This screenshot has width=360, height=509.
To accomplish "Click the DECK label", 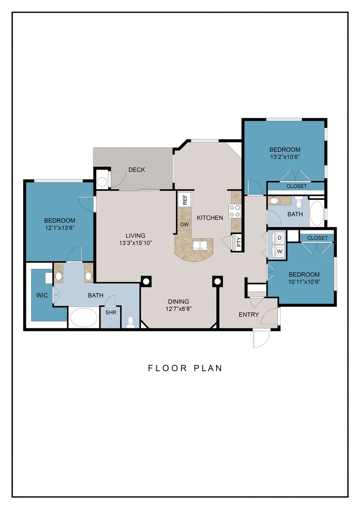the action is click(x=137, y=170).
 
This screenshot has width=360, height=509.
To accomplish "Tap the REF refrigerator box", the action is click(x=185, y=200).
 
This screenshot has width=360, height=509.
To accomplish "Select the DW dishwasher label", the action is click(x=185, y=224).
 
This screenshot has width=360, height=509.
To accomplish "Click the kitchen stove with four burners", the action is click(x=235, y=211).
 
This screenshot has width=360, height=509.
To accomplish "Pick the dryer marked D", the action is click(x=279, y=238).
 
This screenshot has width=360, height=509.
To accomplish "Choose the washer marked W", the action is click(x=279, y=252).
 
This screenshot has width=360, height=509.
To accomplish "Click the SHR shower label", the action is click(x=111, y=313).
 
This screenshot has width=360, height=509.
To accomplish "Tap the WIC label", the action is click(x=42, y=295).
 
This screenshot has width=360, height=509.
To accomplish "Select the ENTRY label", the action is click(x=249, y=314).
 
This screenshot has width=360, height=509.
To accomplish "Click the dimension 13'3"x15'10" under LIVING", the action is click(x=135, y=243).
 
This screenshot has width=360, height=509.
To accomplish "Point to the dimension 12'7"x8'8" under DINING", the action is click(x=179, y=309).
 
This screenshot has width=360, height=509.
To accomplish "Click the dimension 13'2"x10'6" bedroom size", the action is click(x=285, y=157).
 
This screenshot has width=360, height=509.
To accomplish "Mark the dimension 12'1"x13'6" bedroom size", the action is click(x=59, y=228).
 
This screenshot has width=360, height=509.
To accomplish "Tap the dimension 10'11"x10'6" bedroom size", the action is click(x=304, y=282).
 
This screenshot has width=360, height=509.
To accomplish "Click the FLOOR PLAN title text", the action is click(x=185, y=368).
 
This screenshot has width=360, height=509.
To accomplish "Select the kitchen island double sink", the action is click(x=200, y=246).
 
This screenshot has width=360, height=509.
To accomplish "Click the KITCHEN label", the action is click(x=210, y=218).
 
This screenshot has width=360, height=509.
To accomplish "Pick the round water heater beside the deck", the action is click(x=102, y=182).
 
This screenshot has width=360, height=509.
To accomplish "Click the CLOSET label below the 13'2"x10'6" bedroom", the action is click(x=297, y=186).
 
